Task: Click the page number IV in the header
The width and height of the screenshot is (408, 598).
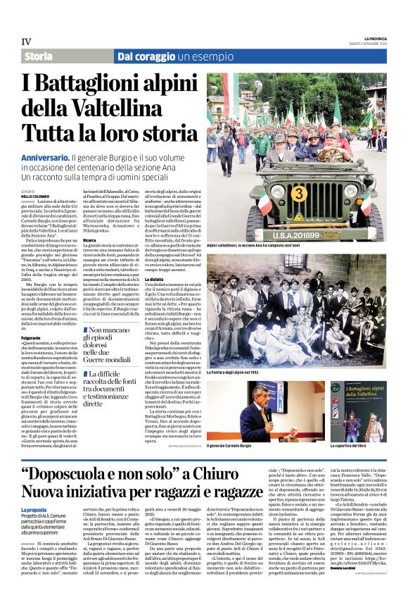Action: tap(26, 42)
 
